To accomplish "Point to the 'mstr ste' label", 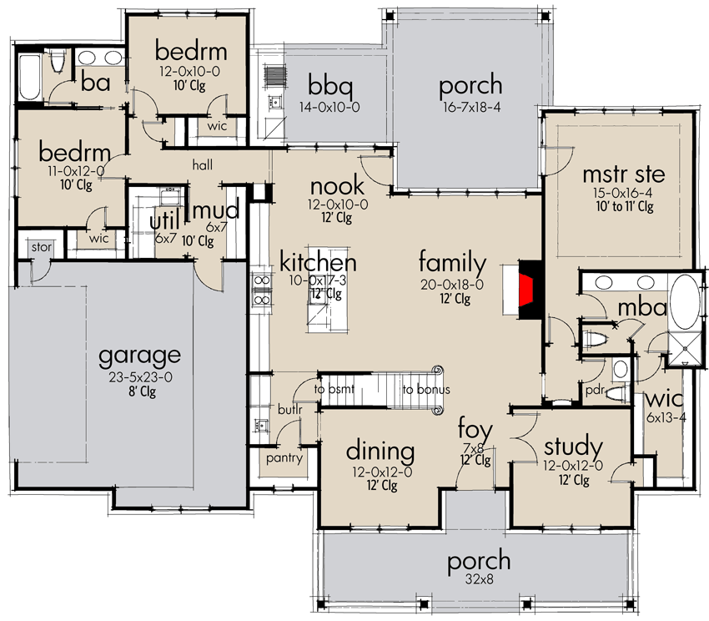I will [x=623, y=174].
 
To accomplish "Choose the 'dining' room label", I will [x=380, y=452].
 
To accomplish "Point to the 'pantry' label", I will [x=283, y=458].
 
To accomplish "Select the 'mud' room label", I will [x=216, y=208].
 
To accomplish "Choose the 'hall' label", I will [x=204, y=166].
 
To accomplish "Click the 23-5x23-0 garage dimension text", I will [x=139, y=376].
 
